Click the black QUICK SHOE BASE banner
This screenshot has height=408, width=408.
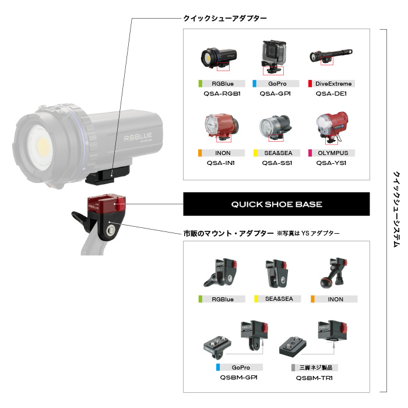(x=276, y=204)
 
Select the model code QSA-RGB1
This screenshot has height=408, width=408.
(x=222, y=94)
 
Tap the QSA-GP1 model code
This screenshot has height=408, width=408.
(x=275, y=94)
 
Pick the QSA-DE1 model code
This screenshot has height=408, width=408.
(x=331, y=94)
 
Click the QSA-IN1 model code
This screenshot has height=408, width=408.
(x=221, y=163)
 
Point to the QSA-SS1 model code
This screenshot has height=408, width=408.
(x=277, y=163)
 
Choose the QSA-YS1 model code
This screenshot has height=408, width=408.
(x=331, y=163)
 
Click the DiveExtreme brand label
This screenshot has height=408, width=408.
(x=333, y=84)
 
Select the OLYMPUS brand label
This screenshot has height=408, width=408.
(x=333, y=153)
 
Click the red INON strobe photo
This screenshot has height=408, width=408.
(x=221, y=126)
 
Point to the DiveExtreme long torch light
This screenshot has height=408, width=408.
(x=331, y=55)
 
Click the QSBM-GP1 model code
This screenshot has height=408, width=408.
(x=239, y=377)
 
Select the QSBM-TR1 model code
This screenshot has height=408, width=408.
(x=314, y=378)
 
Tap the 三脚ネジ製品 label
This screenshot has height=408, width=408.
(x=316, y=367)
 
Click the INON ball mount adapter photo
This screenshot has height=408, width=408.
(x=333, y=273)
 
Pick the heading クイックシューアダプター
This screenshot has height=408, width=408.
(x=225, y=18)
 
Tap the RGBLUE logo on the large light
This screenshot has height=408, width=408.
(x=138, y=137)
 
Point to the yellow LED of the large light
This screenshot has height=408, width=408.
(x=43, y=146)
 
